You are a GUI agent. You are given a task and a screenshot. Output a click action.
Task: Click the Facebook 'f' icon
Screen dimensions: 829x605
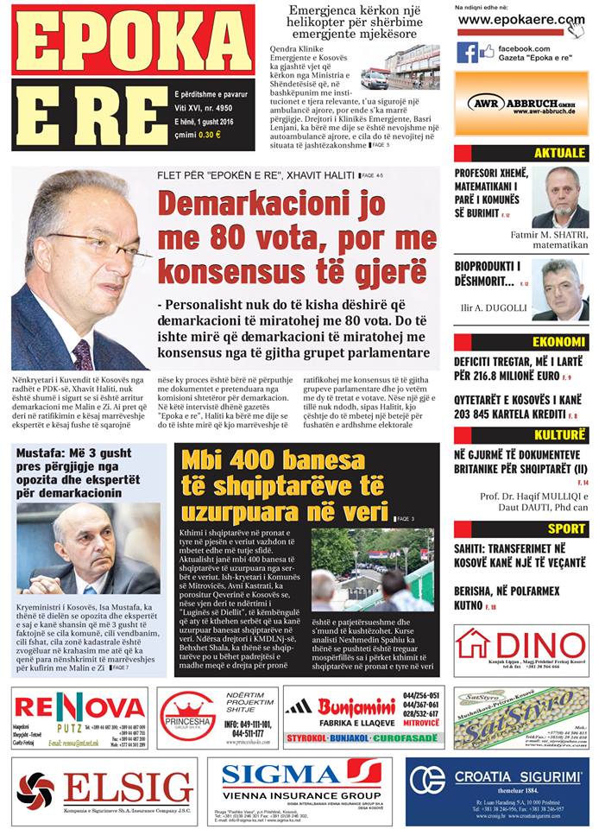coord(467,52)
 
